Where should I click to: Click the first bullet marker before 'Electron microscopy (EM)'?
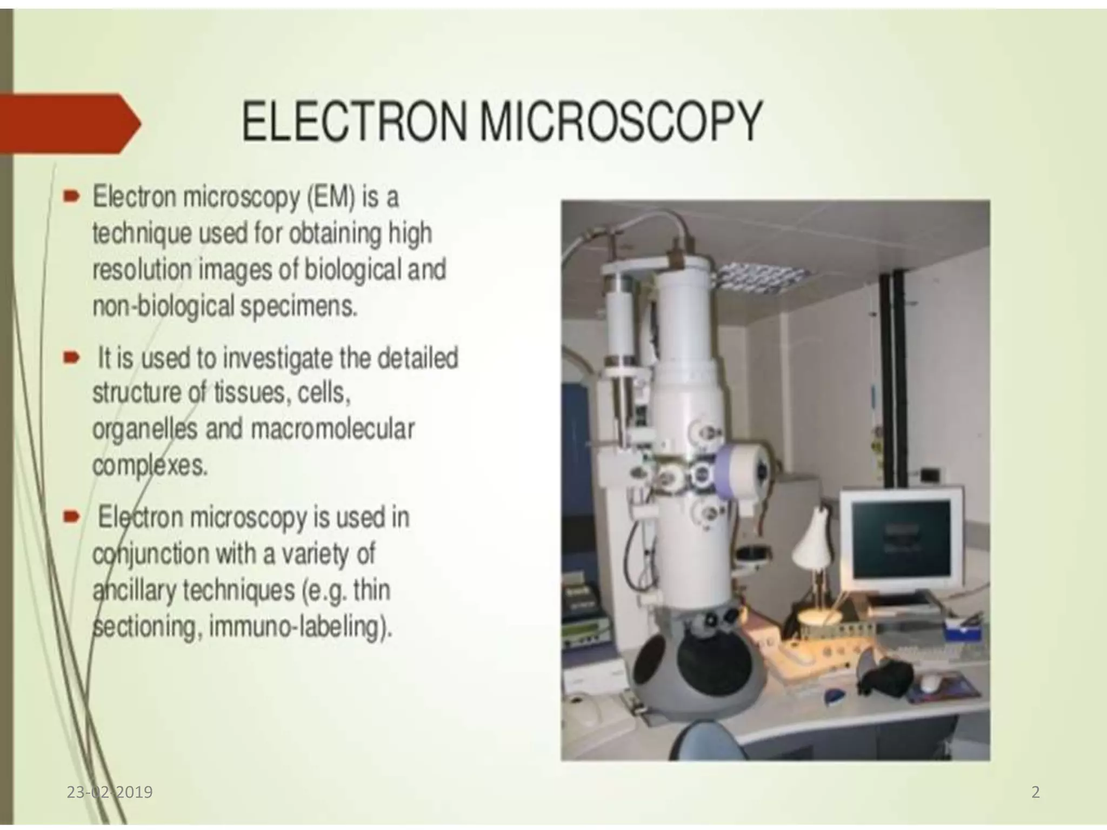70,198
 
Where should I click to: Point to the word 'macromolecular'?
332,430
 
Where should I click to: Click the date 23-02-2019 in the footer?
110,792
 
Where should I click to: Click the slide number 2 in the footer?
1035,792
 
